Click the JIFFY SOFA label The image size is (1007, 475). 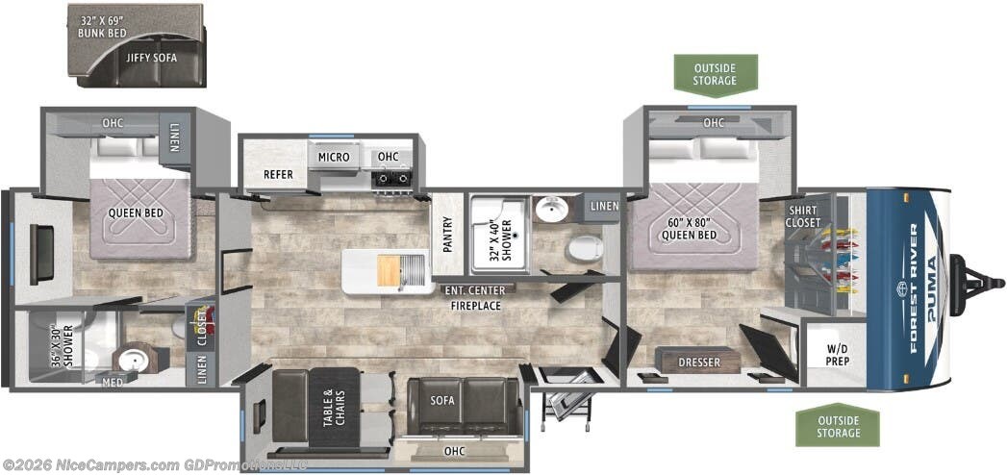[151, 58]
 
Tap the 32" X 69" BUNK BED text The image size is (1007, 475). [103, 27]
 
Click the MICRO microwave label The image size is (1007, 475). [334, 157]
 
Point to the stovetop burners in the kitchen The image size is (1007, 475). [392, 178]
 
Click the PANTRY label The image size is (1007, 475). [447, 232]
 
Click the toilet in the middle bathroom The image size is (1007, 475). [581, 251]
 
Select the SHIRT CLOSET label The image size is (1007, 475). [804, 216]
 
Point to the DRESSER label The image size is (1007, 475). [699, 362]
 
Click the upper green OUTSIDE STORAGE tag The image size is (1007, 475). [715, 74]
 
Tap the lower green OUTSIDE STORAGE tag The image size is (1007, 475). [838, 426]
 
